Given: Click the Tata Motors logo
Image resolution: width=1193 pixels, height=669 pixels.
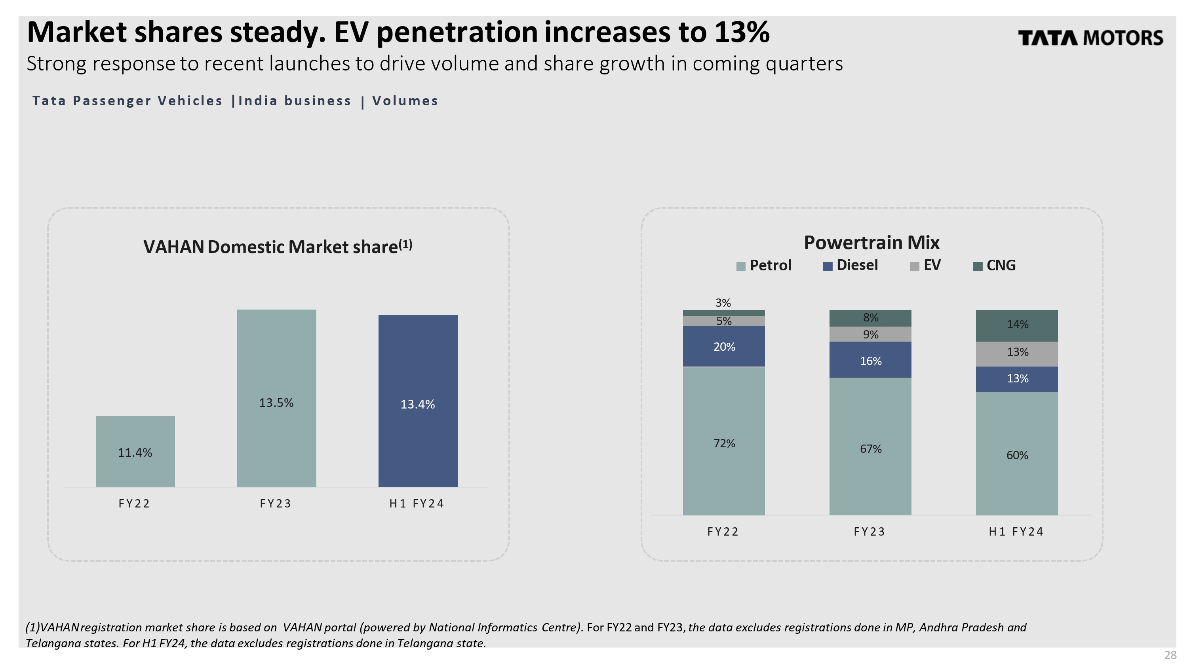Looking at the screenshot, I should pyautogui.click(x=1090, y=38).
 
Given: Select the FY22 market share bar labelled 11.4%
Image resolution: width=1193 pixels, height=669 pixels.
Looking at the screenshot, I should pyautogui.click(x=135, y=451).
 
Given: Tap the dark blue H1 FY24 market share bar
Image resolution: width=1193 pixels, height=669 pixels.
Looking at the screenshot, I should pyautogui.click(x=418, y=401).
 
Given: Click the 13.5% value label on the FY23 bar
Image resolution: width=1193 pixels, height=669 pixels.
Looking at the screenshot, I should pyautogui.click(x=276, y=403).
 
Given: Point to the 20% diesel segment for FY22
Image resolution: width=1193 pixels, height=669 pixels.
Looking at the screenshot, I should pyautogui.click(x=724, y=347).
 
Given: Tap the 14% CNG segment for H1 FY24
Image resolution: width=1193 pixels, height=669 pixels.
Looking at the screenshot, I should pyautogui.click(x=1017, y=325).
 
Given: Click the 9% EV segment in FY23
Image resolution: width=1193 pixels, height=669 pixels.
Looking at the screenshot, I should pyautogui.click(x=870, y=334).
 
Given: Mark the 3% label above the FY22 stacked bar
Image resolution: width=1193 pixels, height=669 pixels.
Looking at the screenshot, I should pyautogui.click(x=723, y=303).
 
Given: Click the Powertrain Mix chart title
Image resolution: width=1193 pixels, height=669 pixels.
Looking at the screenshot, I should pyautogui.click(x=871, y=243).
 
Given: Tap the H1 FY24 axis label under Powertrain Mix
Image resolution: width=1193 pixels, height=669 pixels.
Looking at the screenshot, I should pyautogui.click(x=1016, y=532).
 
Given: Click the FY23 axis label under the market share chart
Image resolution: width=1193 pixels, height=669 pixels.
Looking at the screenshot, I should pyautogui.click(x=276, y=504).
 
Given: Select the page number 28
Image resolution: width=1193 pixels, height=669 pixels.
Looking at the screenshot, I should pyautogui.click(x=1170, y=655).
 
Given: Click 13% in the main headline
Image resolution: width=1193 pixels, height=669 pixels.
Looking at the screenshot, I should pyautogui.click(x=742, y=32).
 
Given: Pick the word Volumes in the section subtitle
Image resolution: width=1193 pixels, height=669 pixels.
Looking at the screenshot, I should pyautogui.click(x=405, y=101).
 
